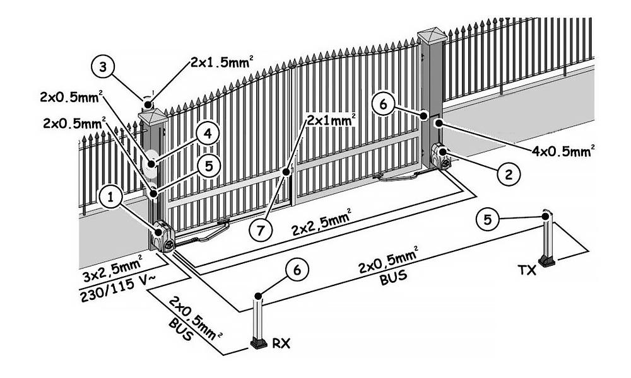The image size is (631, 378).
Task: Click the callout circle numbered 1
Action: [110, 198]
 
